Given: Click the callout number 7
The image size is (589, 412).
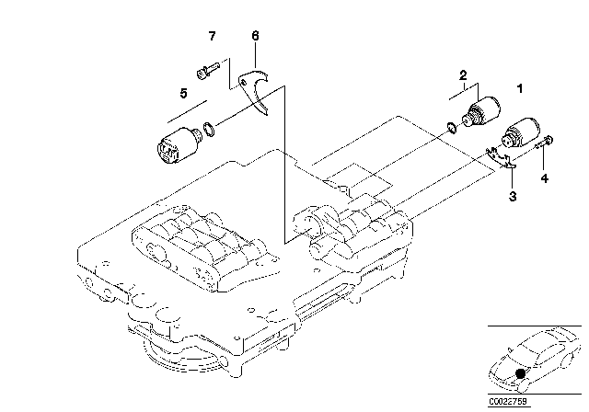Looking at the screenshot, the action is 213,36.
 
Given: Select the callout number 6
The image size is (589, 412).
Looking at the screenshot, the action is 255,36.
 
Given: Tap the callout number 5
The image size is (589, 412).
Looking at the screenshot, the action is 183,93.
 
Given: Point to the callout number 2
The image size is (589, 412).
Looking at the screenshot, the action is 463,75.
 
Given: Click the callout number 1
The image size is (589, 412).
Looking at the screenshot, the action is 520,88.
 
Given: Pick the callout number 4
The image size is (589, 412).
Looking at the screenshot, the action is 544,178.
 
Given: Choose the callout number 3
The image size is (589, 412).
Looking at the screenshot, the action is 513,196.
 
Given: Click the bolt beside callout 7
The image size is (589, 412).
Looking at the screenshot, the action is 208,71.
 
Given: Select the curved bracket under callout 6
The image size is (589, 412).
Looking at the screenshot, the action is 254,89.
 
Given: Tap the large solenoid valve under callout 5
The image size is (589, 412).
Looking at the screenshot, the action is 179,144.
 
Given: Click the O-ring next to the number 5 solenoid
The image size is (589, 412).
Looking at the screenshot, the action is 209,129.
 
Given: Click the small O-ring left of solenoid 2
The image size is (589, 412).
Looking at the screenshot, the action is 452,128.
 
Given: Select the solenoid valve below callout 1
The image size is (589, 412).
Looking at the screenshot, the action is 520,134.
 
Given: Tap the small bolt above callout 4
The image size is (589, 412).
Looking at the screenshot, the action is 544,143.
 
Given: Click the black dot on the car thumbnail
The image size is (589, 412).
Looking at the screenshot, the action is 520,373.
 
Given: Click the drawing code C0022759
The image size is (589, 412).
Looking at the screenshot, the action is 508,401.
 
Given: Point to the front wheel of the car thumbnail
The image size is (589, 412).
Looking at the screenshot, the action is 524,384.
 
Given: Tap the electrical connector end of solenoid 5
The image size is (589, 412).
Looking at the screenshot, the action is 167,150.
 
